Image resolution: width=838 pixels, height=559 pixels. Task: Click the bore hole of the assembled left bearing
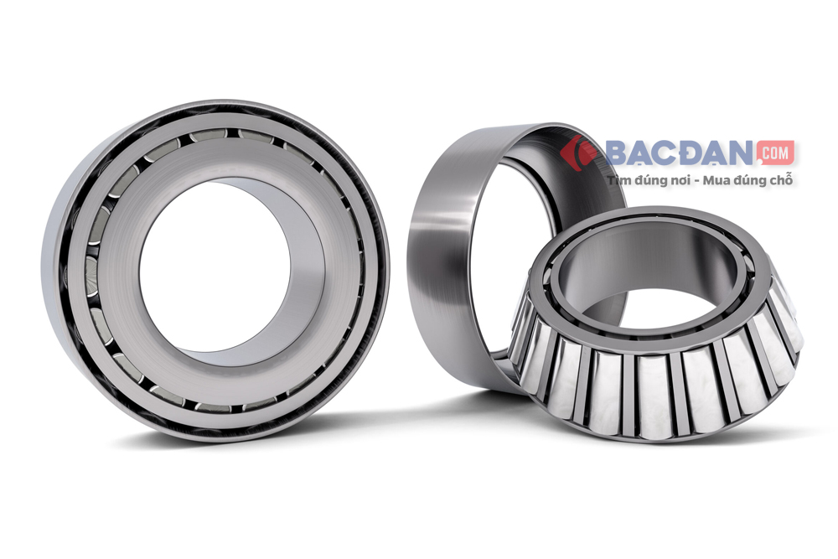(x=215, y=267)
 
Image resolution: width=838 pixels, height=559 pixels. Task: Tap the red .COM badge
(x=775, y=153)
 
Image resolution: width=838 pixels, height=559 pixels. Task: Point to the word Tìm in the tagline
(x=618, y=181)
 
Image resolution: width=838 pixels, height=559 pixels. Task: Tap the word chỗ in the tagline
(x=781, y=181)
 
